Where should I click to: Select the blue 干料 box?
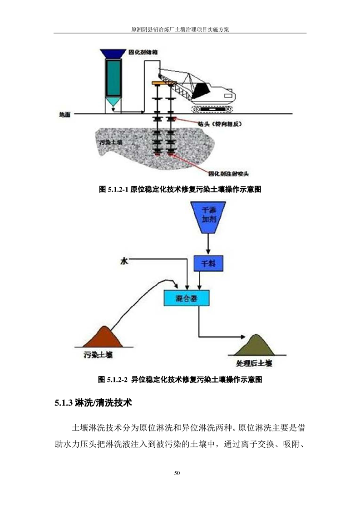click(208, 263)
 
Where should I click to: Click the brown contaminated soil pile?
click(101, 338)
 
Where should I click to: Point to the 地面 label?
click(64, 115)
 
